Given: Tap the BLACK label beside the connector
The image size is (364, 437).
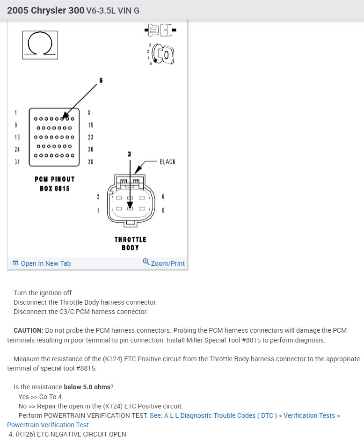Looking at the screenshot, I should (x=167, y=162).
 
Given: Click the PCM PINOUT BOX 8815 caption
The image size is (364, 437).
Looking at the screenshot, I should (x=55, y=183).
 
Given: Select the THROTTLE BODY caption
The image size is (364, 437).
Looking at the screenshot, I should (x=131, y=243).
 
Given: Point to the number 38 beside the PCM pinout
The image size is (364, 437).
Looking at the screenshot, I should (x=91, y=161).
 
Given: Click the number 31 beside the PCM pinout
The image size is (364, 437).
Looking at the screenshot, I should (x=17, y=161).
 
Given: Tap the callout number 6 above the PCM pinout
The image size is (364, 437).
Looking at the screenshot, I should (x=101, y=80).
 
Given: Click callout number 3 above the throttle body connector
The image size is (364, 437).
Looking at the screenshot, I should (x=130, y=154).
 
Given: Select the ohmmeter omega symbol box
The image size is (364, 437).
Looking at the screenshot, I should (x=40, y=45).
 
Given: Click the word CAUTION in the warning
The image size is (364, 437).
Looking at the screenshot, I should (x=28, y=330).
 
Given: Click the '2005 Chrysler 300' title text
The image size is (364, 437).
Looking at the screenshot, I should (x=46, y=10).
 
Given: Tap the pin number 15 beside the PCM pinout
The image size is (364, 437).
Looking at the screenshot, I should (x=91, y=125).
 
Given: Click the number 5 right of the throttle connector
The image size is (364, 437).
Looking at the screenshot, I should (x=163, y=211).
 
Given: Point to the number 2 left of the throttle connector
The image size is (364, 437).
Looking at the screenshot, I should (x=98, y=197).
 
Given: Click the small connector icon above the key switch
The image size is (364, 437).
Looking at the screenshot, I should (x=160, y=31).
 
